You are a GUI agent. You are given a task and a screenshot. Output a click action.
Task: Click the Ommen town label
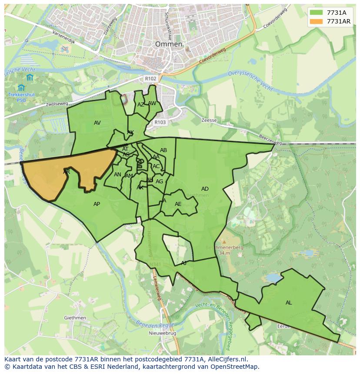pos(169,44)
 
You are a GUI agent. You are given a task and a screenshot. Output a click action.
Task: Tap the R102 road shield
pos(150,79)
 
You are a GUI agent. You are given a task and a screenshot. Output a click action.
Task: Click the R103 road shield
pos(160,122)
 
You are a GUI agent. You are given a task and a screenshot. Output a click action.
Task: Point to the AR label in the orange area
pos(67,172)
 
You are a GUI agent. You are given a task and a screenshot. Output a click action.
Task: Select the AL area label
pos(289,303)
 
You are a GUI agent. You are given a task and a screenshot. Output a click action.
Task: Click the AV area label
pos(97,123)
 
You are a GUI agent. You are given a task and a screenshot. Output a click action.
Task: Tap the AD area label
pos(205,189)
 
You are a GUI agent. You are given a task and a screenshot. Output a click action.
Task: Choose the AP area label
pos(97,204)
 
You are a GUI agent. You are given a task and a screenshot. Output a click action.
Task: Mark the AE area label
pos(178,204)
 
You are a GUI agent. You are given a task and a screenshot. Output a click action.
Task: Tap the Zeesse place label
pos(209,120)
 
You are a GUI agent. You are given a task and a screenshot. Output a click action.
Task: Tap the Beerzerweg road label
pos(270,140)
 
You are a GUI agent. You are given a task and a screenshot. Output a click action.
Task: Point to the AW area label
pos(152,103)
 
